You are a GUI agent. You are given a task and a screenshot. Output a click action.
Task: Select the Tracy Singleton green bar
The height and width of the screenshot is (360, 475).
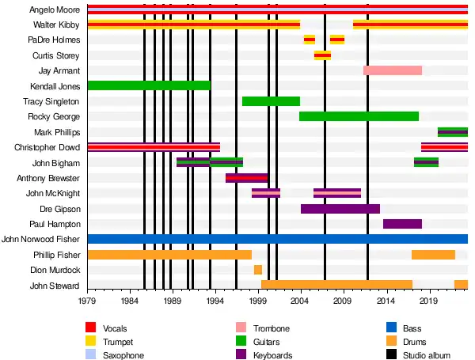click(271, 101)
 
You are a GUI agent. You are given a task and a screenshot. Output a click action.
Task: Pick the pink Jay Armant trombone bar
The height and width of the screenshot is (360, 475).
click(392, 70)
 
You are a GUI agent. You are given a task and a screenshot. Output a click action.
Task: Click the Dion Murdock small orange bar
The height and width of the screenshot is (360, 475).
click(258, 270)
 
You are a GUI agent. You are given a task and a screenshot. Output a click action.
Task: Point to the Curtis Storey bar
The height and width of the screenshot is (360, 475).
click(322, 55)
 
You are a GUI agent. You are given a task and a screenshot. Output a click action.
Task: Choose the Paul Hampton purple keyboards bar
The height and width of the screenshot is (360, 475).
click(402, 224)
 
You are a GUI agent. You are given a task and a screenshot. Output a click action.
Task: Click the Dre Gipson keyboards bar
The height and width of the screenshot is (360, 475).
click(340, 209)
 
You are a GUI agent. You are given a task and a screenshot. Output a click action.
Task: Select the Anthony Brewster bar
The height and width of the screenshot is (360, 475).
click(247, 178)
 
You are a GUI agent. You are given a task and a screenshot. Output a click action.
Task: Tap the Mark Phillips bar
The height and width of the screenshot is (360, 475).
click(452, 132)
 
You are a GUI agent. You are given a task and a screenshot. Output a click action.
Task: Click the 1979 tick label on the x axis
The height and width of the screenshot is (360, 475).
click(87, 301)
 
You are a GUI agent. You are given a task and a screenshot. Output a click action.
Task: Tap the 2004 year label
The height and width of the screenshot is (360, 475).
click(300, 301)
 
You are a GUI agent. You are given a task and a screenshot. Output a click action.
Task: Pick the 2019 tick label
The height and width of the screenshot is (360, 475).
click(428, 301)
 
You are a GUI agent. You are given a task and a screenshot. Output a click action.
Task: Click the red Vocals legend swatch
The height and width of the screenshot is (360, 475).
click(91, 328)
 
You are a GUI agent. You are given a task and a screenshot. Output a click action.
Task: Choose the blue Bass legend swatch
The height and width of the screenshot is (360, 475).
click(390, 328)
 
